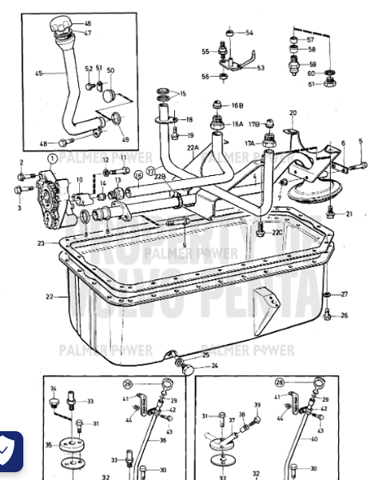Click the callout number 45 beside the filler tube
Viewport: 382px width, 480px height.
tap(38, 73)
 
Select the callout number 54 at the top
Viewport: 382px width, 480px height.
tap(249, 33)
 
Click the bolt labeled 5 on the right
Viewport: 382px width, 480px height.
tap(360, 166)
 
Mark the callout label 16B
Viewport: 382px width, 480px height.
tap(237, 106)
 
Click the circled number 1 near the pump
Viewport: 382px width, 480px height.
tap(53, 159)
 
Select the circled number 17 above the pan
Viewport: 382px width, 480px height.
tap(149, 170)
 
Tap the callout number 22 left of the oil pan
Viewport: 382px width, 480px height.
tap(50, 297)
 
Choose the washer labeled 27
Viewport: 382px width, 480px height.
tap(328, 294)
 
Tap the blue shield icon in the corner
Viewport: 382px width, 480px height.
tap(10, 451)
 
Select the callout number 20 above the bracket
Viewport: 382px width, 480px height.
tap(292, 113)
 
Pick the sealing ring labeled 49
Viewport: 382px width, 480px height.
tap(117, 120)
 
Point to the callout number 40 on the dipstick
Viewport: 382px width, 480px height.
tap(312, 438)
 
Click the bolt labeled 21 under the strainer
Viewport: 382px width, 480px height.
tap(330, 212)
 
